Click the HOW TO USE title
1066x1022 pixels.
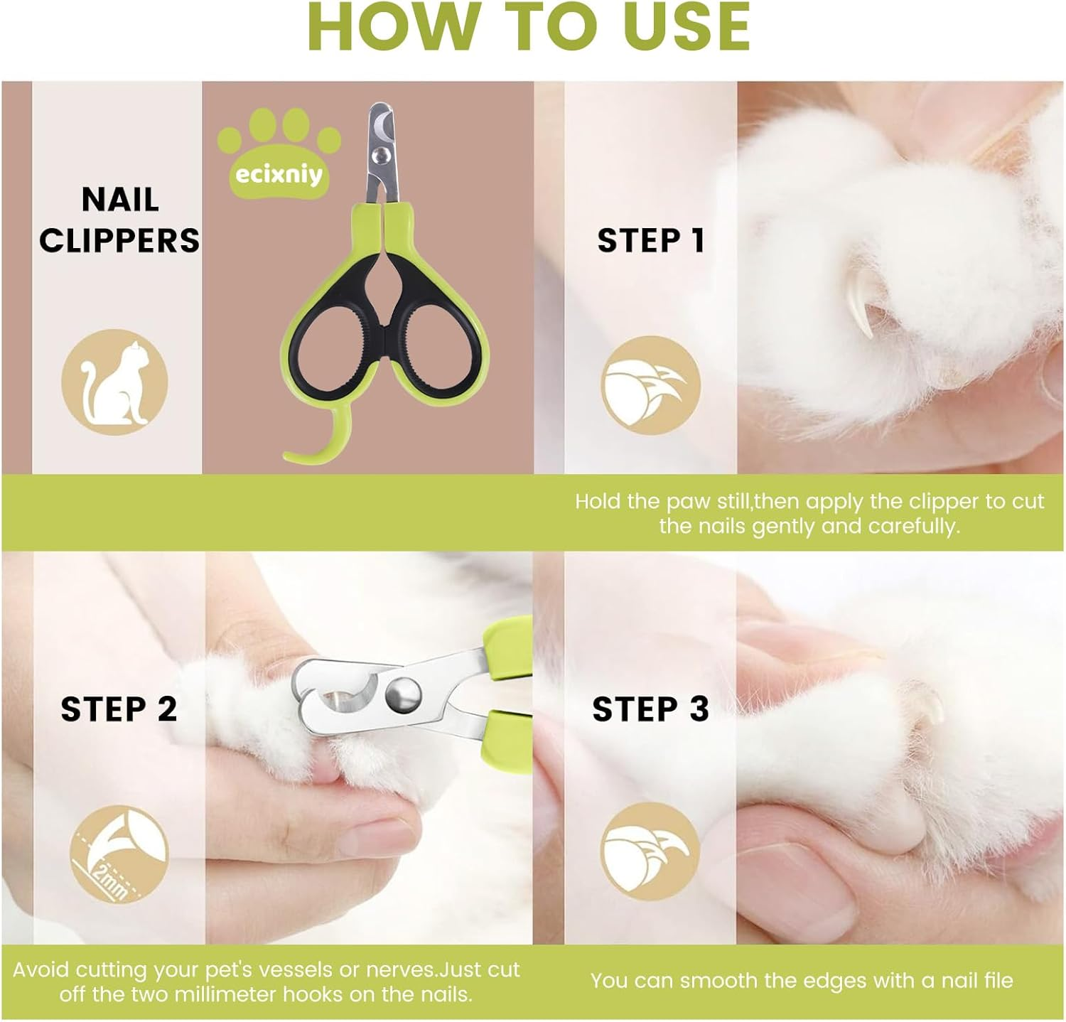pyautogui.click(x=529, y=27)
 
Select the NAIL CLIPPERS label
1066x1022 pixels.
pyautogui.click(x=119, y=220)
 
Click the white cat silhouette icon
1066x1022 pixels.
pyautogui.click(x=114, y=382)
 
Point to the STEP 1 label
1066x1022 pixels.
pyautogui.click(x=651, y=241)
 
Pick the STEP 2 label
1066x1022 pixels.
pyautogui.click(x=119, y=709)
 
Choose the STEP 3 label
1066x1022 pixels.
pyautogui.click(x=650, y=709)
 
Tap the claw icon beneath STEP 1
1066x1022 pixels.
pyautogui.click(x=650, y=387)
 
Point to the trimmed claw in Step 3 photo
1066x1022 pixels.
pyautogui.click(x=927, y=711)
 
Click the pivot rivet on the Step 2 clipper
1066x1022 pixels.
pyautogui.click(x=401, y=690)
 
